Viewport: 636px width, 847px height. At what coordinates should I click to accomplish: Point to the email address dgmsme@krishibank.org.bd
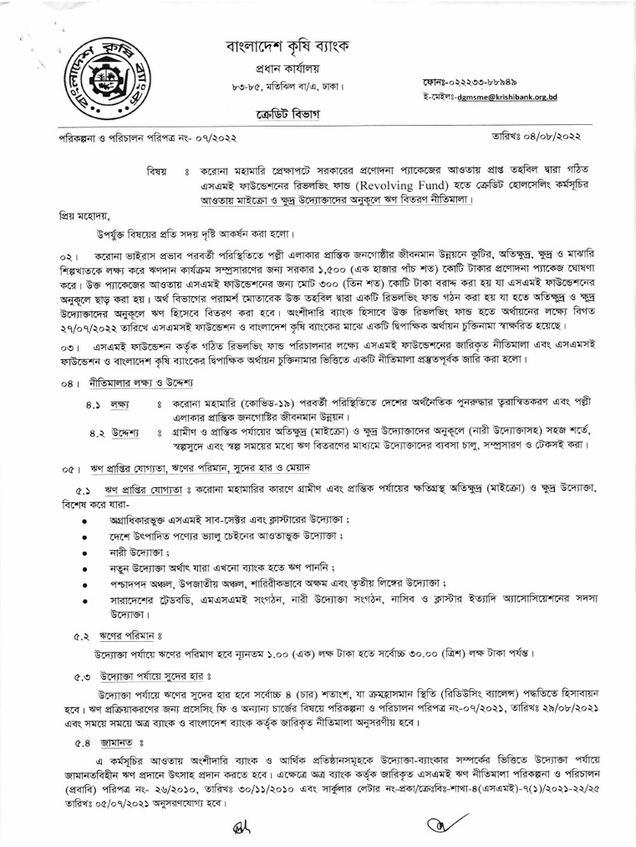(x=503, y=97)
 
